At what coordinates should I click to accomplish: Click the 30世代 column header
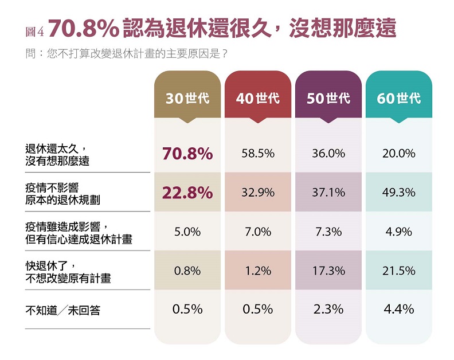(187, 98)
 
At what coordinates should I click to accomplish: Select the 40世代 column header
(258, 98)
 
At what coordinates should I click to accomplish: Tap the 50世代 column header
(328, 98)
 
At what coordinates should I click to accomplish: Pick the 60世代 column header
(398, 98)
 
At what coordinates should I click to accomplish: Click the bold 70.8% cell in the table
(187, 154)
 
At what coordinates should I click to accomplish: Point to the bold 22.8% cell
(187, 193)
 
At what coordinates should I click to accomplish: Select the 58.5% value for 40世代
(258, 154)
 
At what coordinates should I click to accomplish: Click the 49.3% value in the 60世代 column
(398, 193)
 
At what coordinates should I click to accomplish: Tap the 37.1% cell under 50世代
(328, 193)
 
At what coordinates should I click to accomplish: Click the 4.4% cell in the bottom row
(398, 309)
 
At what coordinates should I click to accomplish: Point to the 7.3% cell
(328, 232)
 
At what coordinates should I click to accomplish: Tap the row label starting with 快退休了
(68, 271)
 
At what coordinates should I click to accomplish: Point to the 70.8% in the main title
(84, 28)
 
